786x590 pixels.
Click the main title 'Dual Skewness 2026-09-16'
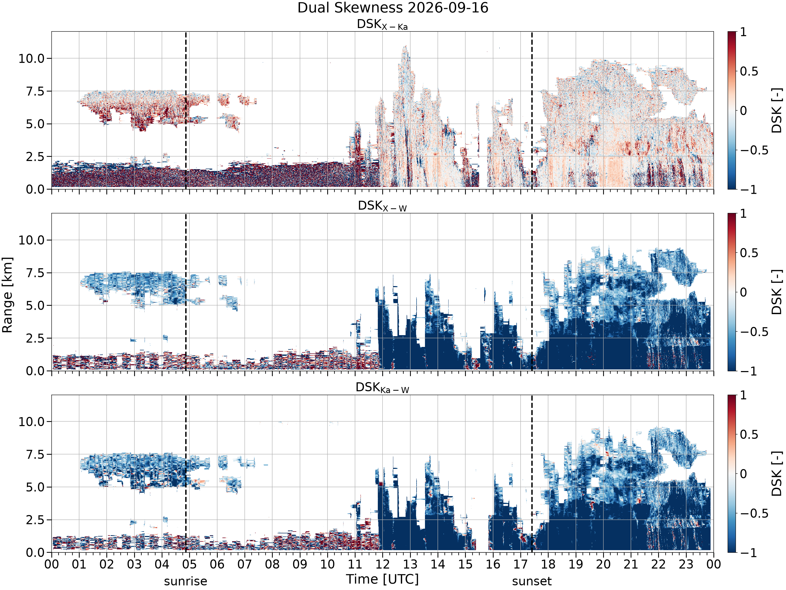coord(393,8)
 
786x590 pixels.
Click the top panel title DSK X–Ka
coord(382,25)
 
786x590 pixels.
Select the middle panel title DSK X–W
coord(382,206)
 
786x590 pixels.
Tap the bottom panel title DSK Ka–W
coord(382,388)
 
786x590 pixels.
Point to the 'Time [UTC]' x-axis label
coord(382,579)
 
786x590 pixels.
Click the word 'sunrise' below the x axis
coord(185,581)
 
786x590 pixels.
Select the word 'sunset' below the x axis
coord(532,581)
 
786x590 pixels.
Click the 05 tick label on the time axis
coord(189,564)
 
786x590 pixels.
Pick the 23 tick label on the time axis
coord(686,564)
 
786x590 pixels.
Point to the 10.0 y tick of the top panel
coord(32,58)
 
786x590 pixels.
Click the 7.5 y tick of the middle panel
coord(36,273)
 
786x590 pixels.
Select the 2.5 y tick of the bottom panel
coord(36,520)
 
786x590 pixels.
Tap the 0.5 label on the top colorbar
coord(749,71)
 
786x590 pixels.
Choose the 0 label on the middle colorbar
coord(743,292)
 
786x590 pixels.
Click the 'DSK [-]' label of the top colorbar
coord(777,110)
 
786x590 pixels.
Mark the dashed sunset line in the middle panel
coord(532,292)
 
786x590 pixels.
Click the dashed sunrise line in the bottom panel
coord(185,474)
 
